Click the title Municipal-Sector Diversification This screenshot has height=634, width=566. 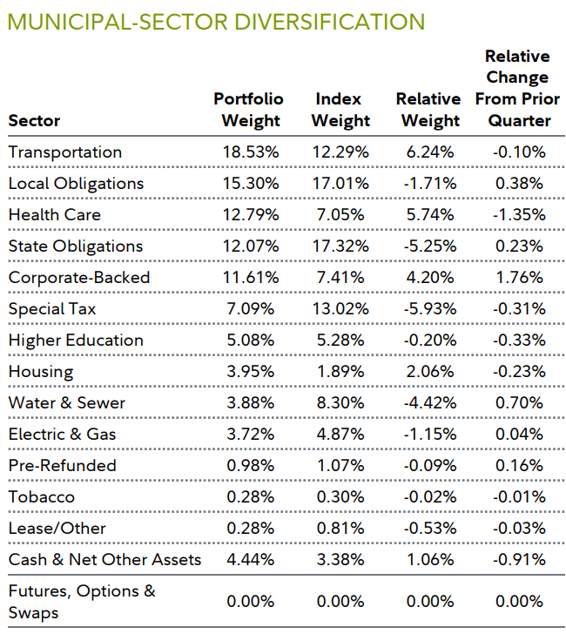pos(216,21)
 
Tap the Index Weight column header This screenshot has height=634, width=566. pos(340,110)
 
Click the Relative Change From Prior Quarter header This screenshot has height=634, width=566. pos(517,88)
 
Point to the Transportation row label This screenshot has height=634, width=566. pos(64,152)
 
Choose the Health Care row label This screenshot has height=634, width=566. pos(54,215)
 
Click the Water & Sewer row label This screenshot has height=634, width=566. pos(66,403)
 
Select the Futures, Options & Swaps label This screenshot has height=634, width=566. pos(82,601)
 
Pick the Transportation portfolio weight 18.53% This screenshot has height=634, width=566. pos(250,152)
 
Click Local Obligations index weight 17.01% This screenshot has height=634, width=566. pos(340,184)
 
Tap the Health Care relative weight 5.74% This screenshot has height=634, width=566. pos(429,215)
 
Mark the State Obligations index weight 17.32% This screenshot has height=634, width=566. pos(340,246)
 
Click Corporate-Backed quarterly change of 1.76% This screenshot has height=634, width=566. pos(521,278)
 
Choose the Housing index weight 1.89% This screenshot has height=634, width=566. pos(340,372)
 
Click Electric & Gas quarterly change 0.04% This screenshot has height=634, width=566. pos(521,435)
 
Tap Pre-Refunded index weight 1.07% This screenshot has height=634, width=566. pos(340,466)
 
